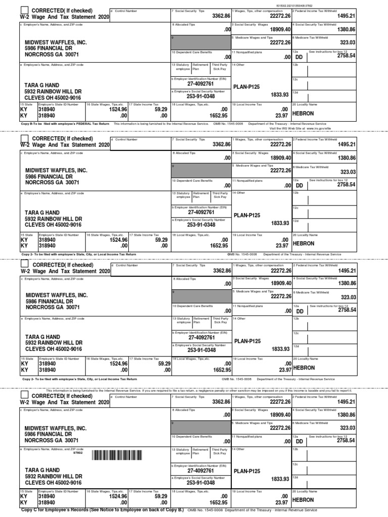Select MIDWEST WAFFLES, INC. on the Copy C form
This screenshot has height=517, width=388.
point(56,428)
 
